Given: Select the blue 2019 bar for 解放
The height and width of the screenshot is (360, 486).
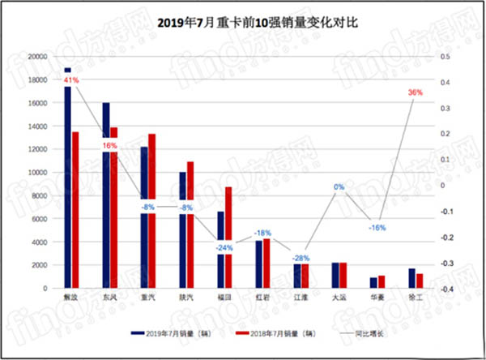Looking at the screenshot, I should coord(68,178).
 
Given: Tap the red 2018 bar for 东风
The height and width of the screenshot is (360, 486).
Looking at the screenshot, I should coord(114,208).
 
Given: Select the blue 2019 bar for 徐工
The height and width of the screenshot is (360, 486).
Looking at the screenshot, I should coord(411,278).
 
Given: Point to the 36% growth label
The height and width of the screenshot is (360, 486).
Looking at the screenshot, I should coord(416,93).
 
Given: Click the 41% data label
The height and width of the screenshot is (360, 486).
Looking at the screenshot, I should coord(71,80).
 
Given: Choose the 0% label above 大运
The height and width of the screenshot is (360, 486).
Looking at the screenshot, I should coord(339,187).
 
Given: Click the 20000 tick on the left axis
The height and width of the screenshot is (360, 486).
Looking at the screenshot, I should coord(36,57).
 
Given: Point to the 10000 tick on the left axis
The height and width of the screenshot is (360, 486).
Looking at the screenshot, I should coord(36,173).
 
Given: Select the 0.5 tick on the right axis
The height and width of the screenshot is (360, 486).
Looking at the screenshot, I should coord(444,57).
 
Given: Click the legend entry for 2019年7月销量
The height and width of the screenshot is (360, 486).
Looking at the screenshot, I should coord(176,333).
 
